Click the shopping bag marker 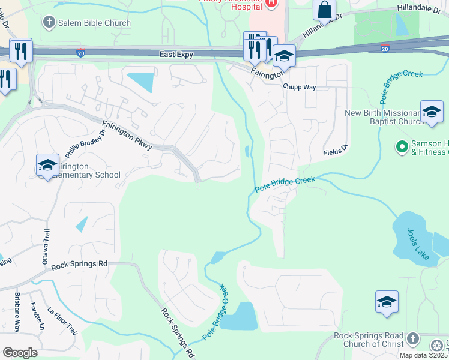tap(324, 10)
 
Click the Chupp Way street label tap(300, 86)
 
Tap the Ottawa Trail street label tap(46, 243)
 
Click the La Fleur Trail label tap(62, 322)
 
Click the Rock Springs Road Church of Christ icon tap(412, 339)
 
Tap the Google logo tap(20, 352)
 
